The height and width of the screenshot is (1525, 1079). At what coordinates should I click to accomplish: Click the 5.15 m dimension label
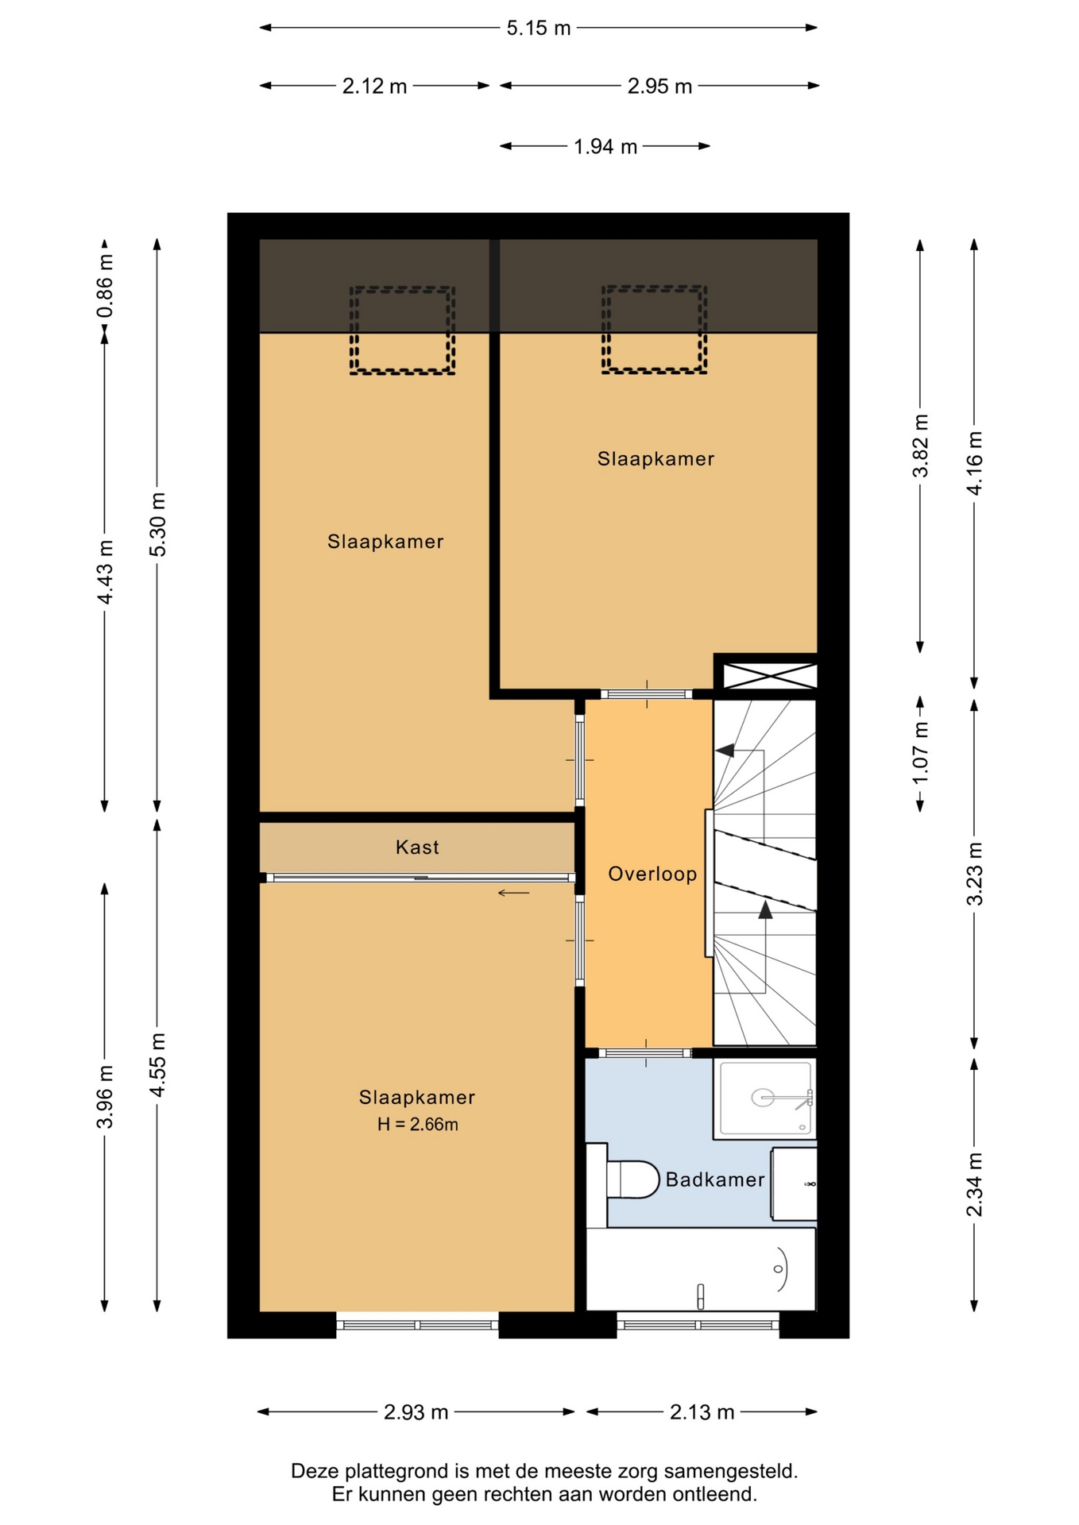539,28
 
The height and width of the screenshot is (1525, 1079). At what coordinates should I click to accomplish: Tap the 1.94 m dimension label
605,146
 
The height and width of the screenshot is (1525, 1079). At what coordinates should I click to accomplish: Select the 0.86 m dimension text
105,286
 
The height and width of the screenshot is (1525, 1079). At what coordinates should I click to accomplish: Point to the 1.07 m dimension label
920,753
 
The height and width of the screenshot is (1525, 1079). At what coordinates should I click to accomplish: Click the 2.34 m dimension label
974,1184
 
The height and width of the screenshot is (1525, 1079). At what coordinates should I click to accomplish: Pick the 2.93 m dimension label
416,1411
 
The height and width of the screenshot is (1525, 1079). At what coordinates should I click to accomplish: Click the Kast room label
417,847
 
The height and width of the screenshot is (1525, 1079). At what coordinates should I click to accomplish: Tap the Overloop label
652,874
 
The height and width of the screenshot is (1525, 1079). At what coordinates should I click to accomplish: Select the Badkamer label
715,1179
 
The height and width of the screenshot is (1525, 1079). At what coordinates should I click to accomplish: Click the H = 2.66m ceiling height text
417,1124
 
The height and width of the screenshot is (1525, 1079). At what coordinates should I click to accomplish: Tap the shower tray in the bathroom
765,1098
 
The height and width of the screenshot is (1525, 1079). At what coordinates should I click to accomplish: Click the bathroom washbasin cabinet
794,1183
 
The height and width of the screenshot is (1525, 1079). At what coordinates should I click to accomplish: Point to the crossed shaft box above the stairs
766,676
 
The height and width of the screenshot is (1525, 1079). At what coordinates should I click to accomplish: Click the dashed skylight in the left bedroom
402,330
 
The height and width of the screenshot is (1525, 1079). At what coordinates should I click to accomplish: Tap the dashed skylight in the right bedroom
654,330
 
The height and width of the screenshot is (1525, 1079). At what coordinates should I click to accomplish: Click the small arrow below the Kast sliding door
513,893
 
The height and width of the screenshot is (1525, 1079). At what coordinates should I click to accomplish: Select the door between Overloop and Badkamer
646,1053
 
